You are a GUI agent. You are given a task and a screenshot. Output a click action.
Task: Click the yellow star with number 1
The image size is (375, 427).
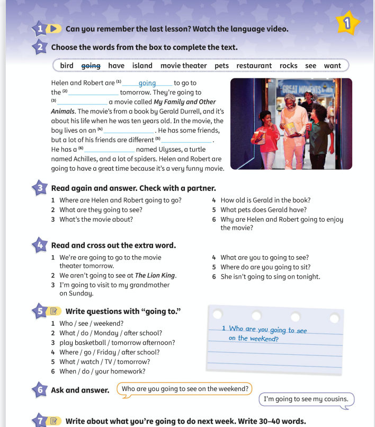346,23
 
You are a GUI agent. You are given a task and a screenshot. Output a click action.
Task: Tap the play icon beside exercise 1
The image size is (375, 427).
55,28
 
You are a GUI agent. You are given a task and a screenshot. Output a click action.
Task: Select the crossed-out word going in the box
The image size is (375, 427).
91,66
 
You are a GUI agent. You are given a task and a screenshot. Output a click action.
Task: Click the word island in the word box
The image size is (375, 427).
142,66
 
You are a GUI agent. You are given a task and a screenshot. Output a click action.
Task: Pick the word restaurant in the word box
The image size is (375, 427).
254,66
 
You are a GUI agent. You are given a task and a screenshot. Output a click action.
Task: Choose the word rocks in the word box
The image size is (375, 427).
288,66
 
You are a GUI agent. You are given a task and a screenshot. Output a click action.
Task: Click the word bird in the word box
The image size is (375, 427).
67,66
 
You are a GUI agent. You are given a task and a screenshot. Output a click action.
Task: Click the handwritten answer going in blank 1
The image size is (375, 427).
147,83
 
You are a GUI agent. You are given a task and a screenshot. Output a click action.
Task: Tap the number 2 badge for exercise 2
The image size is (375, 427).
41,48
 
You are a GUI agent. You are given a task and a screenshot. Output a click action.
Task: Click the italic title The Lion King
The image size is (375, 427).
155,275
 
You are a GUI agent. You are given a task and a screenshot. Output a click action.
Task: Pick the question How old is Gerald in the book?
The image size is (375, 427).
265,201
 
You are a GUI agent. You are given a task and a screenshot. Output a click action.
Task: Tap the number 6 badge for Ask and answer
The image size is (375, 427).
41,390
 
